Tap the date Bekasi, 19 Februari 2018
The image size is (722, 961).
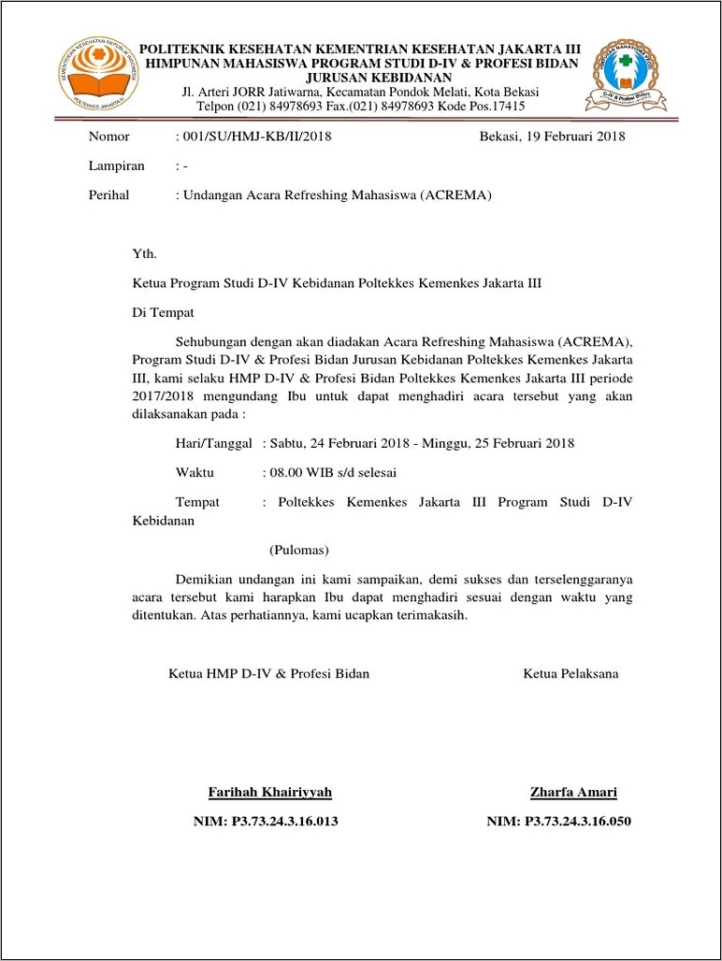(552, 136)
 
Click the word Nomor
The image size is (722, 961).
(109, 136)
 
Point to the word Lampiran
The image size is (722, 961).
(117, 165)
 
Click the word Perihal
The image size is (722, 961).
(109, 195)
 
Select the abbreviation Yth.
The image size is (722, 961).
(144, 253)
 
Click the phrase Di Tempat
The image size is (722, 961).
(164, 313)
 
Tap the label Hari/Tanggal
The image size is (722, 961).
(213, 443)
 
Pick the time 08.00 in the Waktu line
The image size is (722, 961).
(286, 473)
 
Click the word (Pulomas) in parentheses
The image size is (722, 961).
(299, 550)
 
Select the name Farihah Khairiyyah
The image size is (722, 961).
(269, 793)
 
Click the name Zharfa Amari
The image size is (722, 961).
(573, 793)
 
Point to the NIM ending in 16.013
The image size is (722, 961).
(265, 822)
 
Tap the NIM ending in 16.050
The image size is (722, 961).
(558, 822)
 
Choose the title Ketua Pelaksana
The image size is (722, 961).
(570, 673)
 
